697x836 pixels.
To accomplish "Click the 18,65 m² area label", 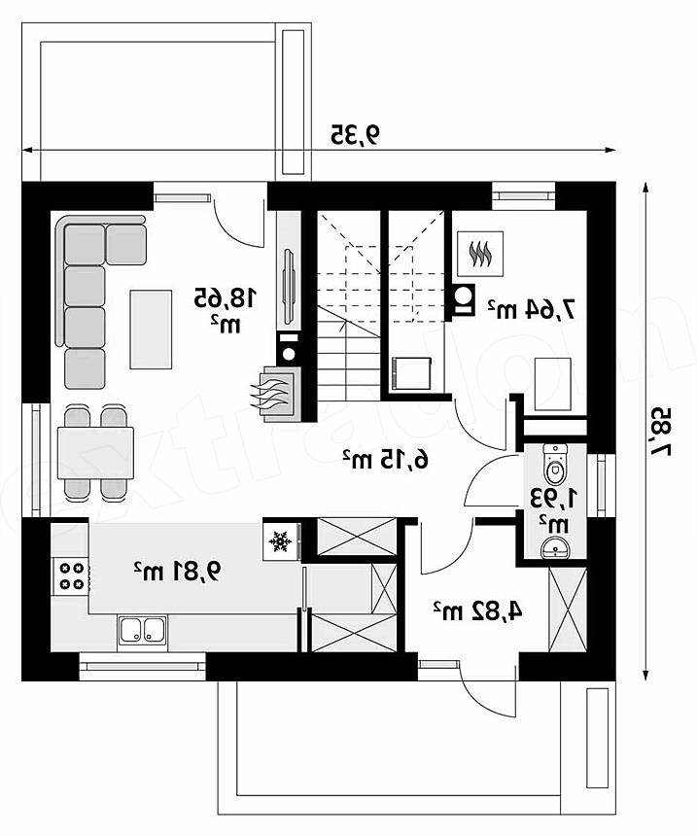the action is (227, 309).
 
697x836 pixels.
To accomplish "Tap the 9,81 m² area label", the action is (177, 572).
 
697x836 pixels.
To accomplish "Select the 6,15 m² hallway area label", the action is (385, 458).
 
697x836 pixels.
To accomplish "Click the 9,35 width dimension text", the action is (356, 134).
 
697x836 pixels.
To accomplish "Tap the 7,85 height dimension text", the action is (660, 432).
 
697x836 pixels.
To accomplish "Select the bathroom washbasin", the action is (555, 547).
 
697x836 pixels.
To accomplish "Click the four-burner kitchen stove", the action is (71, 576).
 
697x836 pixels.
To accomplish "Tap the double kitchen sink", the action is (142, 631).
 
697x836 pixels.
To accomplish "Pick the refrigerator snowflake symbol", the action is (279, 541).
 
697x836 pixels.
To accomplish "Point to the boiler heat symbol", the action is (480, 254).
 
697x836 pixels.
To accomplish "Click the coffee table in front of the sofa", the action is (151, 329).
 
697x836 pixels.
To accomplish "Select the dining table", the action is (95, 452).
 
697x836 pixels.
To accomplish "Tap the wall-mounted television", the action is (290, 286).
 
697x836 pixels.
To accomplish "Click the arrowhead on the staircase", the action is (343, 323).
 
